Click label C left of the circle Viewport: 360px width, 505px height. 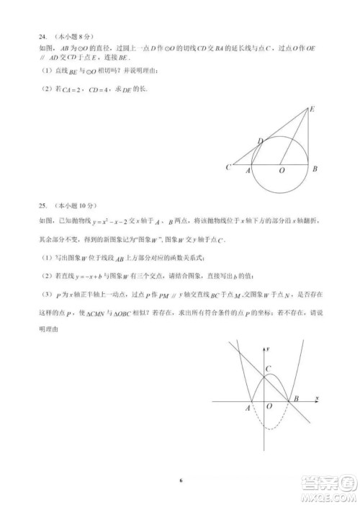click(x=228, y=168)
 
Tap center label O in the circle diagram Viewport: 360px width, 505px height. click(x=282, y=169)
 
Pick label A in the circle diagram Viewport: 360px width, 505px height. click(x=249, y=169)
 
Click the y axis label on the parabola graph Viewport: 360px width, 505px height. click(x=267, y=349)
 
